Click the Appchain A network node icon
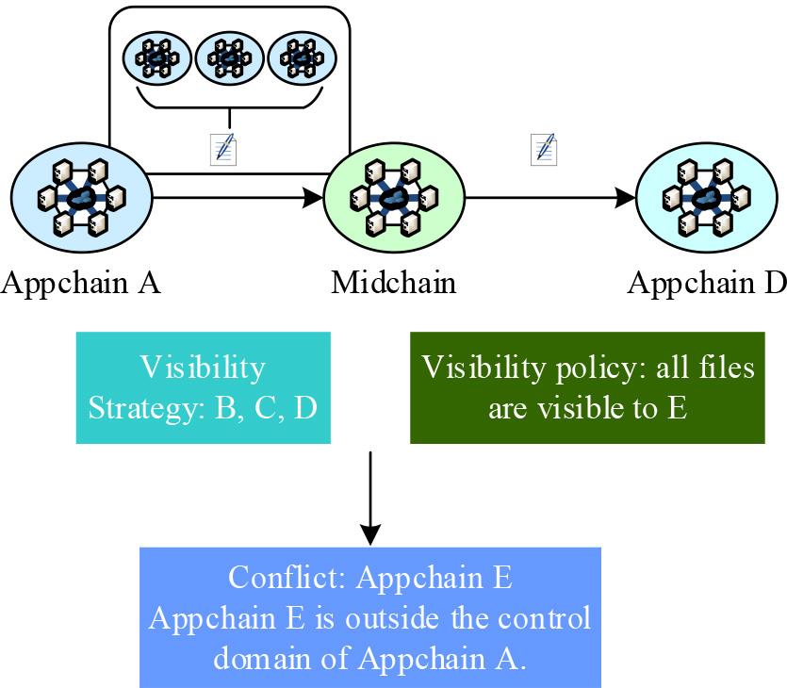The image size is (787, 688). (x=80, y=197)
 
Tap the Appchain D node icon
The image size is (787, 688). (x=707, y=198)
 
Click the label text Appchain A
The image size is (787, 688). (x=81, y=283)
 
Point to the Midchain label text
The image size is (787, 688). (x=394, y=283)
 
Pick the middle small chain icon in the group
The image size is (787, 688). (x=229, y=57)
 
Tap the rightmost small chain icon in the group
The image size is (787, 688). (x=302, y=57)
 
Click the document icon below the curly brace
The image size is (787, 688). (x=223, y=149)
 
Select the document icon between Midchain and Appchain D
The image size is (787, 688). (x=545, y=149)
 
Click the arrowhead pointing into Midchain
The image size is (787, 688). (x=314, y=198)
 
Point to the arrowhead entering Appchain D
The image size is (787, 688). (x=627, y=198)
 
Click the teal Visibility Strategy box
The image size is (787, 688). (x=204, y=387)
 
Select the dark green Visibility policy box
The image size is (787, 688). (x=587, y=387)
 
